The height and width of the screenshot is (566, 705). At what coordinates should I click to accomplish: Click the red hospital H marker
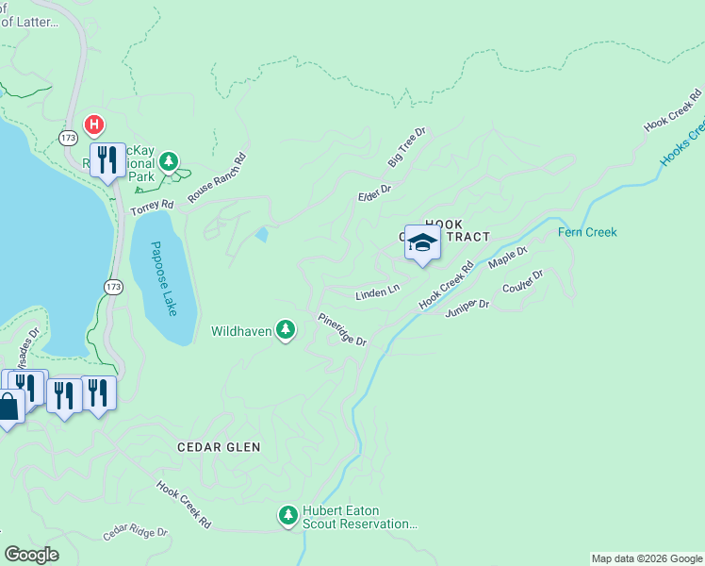coord(94,124)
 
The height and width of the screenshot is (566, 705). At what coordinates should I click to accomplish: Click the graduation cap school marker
coord(422,242)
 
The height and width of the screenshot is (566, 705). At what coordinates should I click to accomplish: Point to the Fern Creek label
coord(587,232)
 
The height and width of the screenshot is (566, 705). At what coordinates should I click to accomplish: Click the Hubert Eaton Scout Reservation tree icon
coord(287,515)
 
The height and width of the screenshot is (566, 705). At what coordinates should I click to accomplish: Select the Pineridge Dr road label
coord(341,330)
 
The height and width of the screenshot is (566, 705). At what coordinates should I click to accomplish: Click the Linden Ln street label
coord(377,294)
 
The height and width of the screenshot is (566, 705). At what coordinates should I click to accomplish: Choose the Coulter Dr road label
coord(523,281)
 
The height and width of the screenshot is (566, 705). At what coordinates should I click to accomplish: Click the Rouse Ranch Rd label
coord(217,177)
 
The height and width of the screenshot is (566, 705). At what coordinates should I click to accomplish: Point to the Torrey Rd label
coord(153,204)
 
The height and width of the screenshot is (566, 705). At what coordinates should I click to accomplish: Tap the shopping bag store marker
coord(8,408)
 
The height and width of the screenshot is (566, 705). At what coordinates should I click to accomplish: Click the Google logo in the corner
coord(31,555)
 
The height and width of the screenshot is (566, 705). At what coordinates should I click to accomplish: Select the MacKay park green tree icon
coord(169,162)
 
